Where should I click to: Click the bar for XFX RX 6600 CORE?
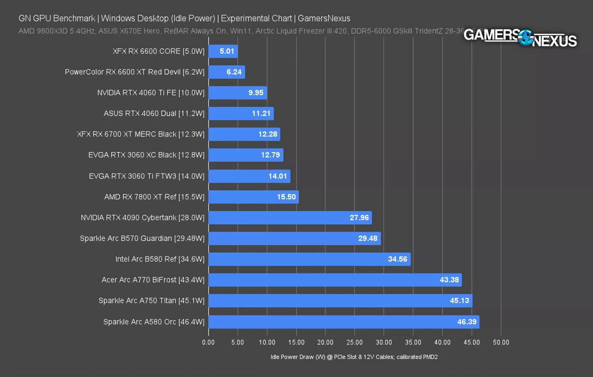223,51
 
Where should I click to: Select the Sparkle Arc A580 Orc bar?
344,322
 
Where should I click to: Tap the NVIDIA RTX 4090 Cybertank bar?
290,218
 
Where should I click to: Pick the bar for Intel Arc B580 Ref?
309,259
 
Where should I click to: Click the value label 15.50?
286,197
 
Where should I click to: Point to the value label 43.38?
449,280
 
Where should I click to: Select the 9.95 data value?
256,93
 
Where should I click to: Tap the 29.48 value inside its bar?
368,238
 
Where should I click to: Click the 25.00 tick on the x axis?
355,342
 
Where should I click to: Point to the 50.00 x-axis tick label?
501,342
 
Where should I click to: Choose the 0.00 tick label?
208,342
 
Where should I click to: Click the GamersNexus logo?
520,38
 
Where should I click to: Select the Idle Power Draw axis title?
354,357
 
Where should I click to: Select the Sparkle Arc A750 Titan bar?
340,301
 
